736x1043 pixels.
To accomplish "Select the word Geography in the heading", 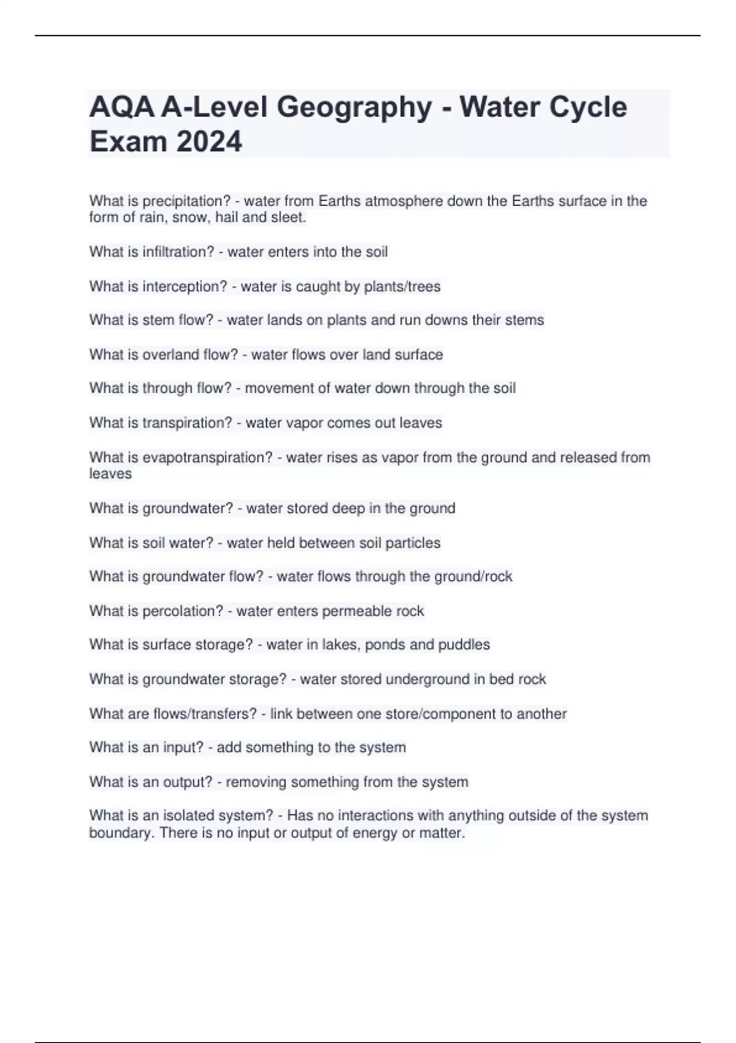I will pos(355,107).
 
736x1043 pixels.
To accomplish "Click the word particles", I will pos(413,543).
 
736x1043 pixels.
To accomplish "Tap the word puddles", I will pos(464,645).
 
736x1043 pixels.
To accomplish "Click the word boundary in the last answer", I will pos(120,833).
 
